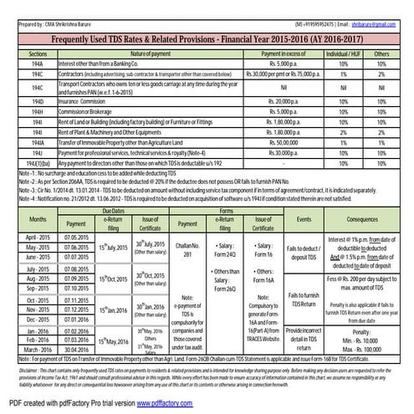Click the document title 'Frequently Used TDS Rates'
(x=207, y=39)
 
